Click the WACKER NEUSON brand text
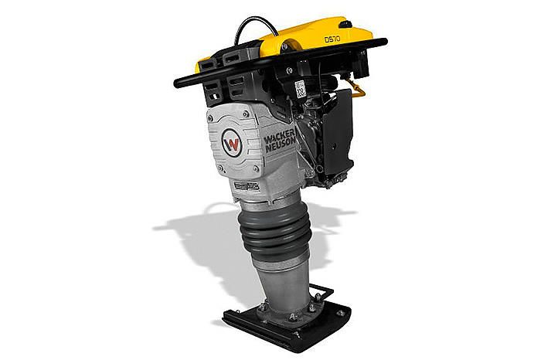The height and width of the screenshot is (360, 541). tap(280, 141)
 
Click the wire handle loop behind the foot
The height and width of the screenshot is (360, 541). tap(322, 293)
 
